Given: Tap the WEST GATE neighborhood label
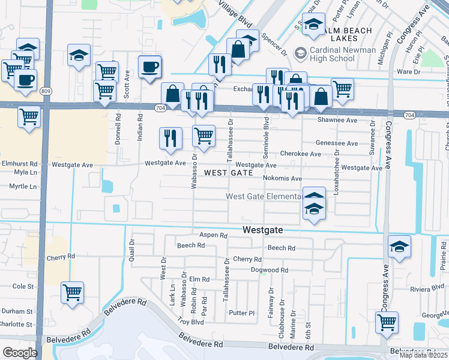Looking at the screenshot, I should pyautogui.click(x=228, y=173).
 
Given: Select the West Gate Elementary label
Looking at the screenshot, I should pyautogui.click(x=264, y=197).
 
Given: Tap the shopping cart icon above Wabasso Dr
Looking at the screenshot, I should pyautogui.click(x=204, y=136).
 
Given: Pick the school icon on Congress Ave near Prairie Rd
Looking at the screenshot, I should pyautogui.click(x=399, y=247).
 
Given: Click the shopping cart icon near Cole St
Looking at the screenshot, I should pyautogui.click(x=72, y=293).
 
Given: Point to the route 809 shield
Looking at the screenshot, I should pyautogui.click(x=46, y=91).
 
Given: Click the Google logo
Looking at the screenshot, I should pyautogui.click(x=19, y=353).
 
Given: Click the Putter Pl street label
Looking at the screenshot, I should pyautogui.click(x=242, y=313).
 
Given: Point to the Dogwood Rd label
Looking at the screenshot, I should pyautogui.click(x=265, y=271).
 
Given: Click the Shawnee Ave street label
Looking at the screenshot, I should pyautogui.click(x=337, y=120).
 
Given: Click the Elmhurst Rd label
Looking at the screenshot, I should pyautogui.click(x=19, y=163).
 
